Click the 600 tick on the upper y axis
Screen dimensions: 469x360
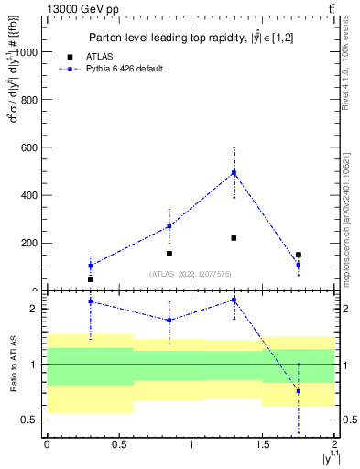pos(30,147)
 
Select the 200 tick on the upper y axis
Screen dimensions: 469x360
pos(30,243)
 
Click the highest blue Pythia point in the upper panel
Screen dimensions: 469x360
pos(234,172)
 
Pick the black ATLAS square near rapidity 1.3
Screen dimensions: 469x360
pos(234,238)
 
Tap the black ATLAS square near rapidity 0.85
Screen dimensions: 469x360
pos(169,253)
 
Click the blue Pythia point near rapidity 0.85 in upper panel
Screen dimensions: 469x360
pos(169,226)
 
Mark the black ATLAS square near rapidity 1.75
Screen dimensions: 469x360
pos(299,255)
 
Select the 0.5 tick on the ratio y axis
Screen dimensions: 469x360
pos(33,420)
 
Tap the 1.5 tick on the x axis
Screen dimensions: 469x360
pos(263,445)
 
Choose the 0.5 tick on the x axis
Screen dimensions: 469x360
pos(118,445)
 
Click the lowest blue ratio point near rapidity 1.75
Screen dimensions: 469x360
pos(299,391)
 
